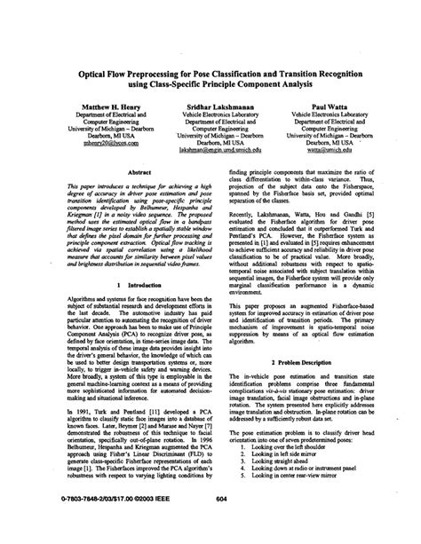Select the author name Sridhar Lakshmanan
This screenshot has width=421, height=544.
pyautogui.click(x=210, y=105)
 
